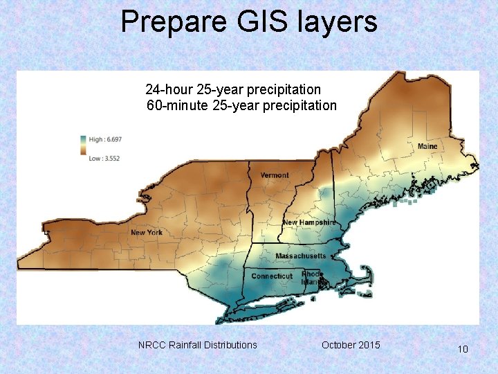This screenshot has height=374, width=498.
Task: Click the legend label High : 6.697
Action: click(x=104, y=139)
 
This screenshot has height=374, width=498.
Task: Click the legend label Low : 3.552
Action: click(x=104, y=159)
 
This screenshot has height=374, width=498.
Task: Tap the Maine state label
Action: click(x=427, y=147)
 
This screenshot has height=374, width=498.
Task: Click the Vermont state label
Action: click(x=275, y=175)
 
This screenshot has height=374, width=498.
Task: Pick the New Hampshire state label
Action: click(x=309, y=222)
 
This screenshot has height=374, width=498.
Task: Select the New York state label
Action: click(x=147, y=233)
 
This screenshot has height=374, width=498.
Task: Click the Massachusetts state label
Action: click(x=300, y=256)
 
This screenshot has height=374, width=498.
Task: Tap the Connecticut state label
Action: click(x=272, y=276)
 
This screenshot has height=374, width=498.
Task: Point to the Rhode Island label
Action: click(x=312, y=278)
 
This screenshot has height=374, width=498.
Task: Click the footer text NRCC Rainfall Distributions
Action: click(x=197, y=345)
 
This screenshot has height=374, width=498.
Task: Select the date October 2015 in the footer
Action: click(x=351, y=345)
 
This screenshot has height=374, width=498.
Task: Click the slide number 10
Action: click(x=463, y=349)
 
